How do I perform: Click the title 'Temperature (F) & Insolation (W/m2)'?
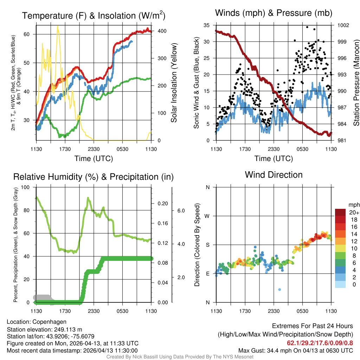point(94,15)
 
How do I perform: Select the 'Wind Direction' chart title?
point(274,175)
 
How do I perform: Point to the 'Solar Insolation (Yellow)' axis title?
point(174,83)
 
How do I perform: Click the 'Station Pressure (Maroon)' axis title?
point(356,83)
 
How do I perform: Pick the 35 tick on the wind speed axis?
point(206,25)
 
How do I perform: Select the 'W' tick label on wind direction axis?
point(207,216)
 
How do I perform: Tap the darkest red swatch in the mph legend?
point(341,212)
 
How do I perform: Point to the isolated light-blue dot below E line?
point(279,289)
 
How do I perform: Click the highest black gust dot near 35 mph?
point(307,27)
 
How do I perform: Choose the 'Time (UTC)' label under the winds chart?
point(273,159)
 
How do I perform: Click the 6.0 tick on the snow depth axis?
point(181,211)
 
